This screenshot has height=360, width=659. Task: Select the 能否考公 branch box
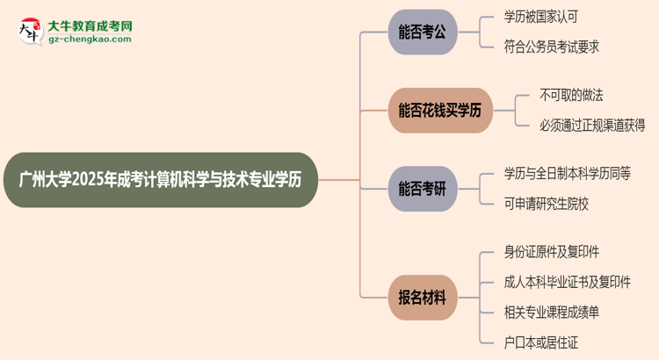point(424,33)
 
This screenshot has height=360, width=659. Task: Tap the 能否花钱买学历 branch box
point(440,110)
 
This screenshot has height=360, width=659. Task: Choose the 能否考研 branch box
point(424,187)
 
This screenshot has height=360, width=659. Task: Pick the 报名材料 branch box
point(424,298)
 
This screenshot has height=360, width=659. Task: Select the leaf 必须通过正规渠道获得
point(592,125)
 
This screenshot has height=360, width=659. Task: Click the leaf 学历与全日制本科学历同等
point(567,173)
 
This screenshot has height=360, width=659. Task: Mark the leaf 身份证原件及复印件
point(552,253)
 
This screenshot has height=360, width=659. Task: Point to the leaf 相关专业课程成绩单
point(552,312)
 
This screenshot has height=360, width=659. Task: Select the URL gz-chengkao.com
point(90,40)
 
